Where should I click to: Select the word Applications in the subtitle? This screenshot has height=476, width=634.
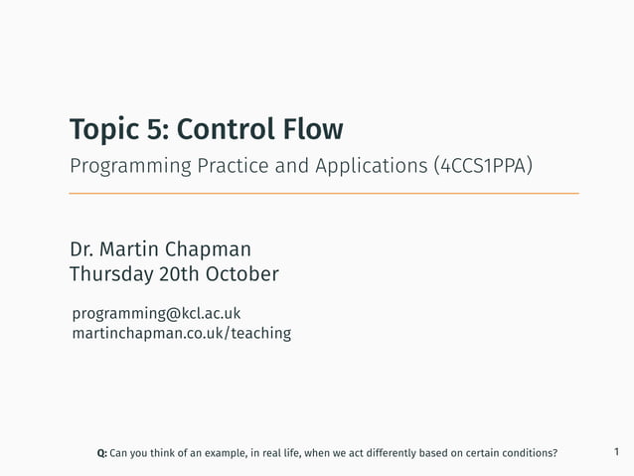coord(376,165)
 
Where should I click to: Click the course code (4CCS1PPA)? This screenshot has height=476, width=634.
coord(484,165)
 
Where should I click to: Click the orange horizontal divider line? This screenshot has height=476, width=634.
coord(323,193)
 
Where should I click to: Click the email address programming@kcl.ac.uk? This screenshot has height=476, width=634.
coord(156,314)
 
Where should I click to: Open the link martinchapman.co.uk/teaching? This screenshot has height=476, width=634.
coord(181,334)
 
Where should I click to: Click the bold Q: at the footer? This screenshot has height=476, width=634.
coord(101,454)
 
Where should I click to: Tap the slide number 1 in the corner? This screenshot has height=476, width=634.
coord(616,453)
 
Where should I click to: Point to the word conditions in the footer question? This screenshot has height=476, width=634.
coord(527,454)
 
